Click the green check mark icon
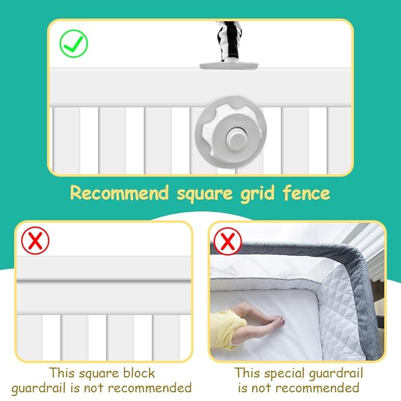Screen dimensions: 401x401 point(74,44)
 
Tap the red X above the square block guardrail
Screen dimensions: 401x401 point(35,240)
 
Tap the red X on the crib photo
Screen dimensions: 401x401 point(227,241)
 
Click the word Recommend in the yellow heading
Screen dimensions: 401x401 point(119,193)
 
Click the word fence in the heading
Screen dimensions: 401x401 point(307,193)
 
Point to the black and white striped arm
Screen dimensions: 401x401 point(229,41)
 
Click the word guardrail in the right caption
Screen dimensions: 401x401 point(336,374)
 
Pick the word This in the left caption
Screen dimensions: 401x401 point(63,373)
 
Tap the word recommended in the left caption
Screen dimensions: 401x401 point(150,387)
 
